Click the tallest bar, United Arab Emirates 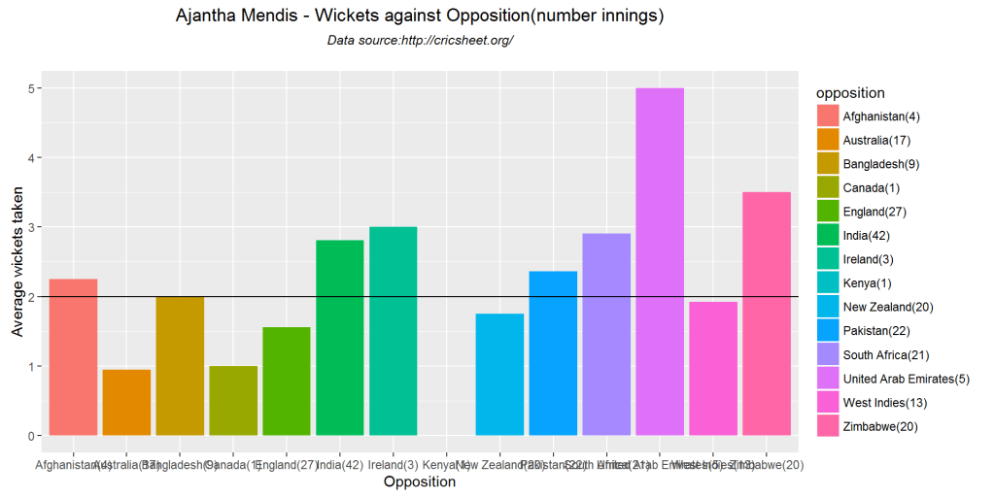(x=660, y=262)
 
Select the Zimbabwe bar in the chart (x=767, y=314)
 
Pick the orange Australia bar (x=126, y=403)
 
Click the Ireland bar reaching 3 (x=394, y=331)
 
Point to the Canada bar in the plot (x=233, y=401)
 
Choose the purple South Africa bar (x=606, y=334)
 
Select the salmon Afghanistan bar (x=73, y=357)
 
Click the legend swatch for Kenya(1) (x=828, y=282)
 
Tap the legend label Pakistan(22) (x=876, y=330)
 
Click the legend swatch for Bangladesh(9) (x=828, y=164)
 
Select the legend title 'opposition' (x=850, y=93)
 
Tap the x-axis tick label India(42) (x=340, y=465)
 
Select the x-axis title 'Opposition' (x=420, y=482)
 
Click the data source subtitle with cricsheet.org (x=420, y=41)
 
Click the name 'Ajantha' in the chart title (x=208, y=17)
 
